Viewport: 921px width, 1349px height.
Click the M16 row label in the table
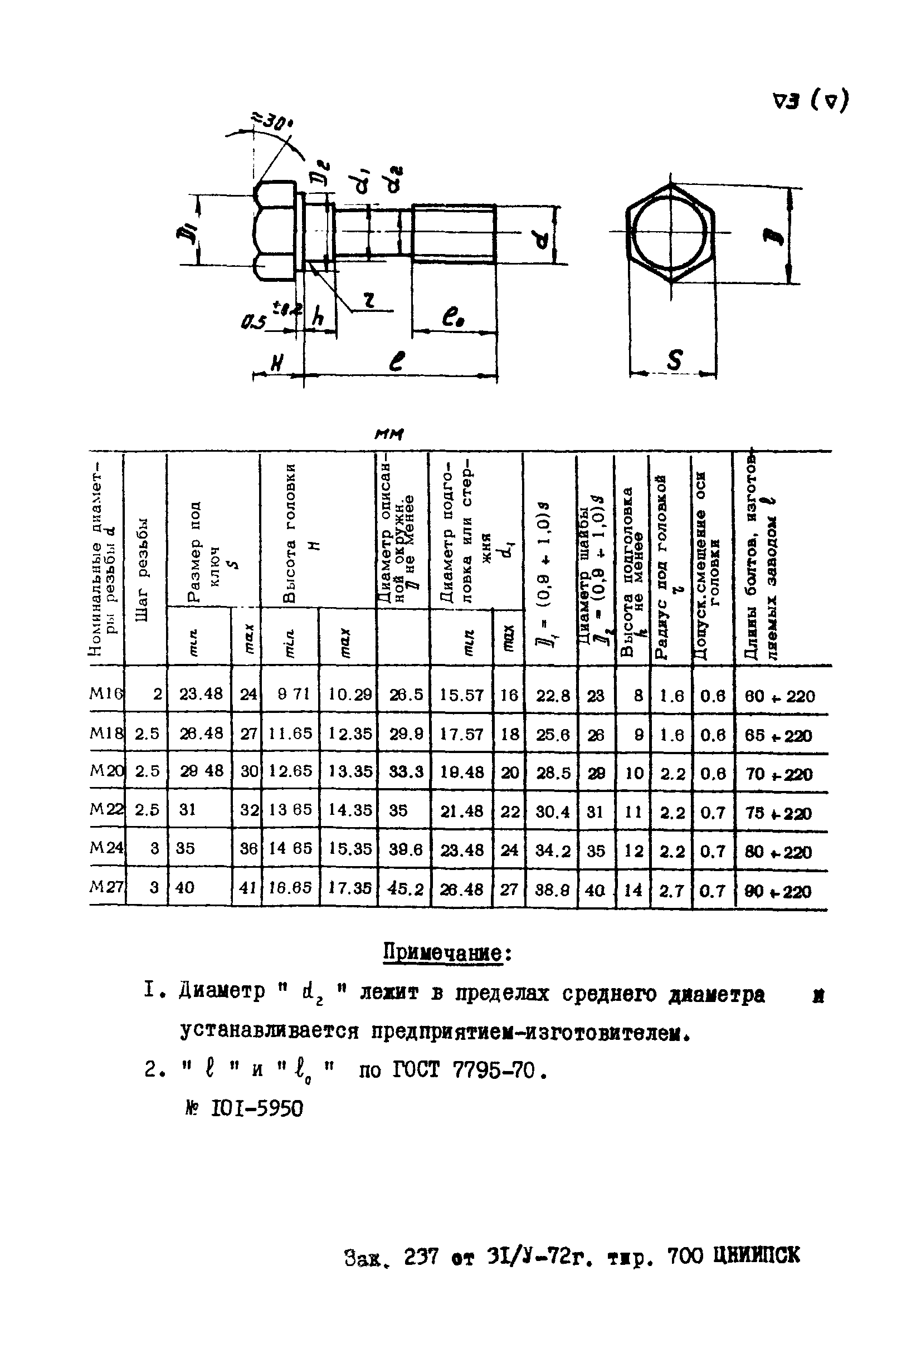click(x=106, y=693)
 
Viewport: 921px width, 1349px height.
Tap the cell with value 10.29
click(x=349, y=694)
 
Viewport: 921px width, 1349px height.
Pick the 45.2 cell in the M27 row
click(x=405, y=888)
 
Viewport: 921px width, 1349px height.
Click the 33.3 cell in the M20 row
click(x=405, y=772)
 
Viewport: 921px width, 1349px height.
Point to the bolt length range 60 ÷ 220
click(x=780, y=696)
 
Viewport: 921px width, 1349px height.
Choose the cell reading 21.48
click(x=462, y=811)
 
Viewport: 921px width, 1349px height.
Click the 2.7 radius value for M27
click(x=672, y=890)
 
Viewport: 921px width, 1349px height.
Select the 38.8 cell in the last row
click(x=552, y=889)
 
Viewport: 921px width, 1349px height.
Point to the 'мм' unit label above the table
click(x=389, y=434)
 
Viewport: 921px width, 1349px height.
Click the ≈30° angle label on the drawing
click(x=272, y=122)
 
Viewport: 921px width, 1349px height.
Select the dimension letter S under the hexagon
click(x=674, y=360)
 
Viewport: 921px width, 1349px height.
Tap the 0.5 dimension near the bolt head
click(x=253, y=321)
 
